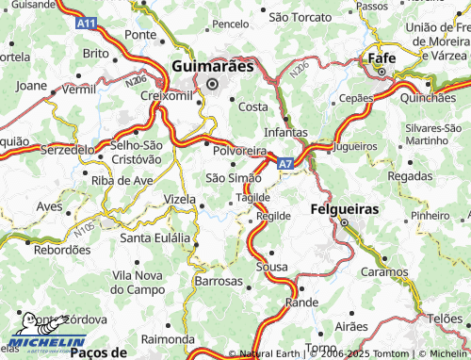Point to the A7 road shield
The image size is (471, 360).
click(284, 163)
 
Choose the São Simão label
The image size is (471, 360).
click(233, 178)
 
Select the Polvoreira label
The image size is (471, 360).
click(239, 151)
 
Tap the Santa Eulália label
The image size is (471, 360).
click(155, 237)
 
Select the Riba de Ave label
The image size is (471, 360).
click(122, 180)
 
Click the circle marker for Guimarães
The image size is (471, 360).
click(212, 84)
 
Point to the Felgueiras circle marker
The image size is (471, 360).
click(344, 223)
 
